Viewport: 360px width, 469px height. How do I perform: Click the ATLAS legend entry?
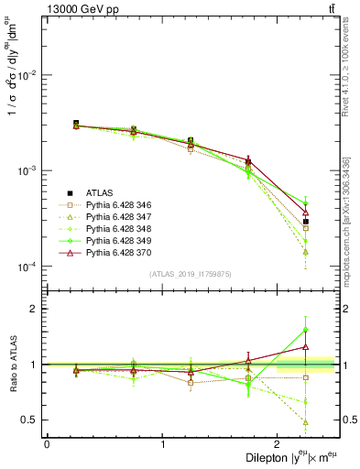pyautogui.click(x=98, y=191)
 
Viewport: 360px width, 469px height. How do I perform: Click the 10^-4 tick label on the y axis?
pyautogui.click(x=31, y=267)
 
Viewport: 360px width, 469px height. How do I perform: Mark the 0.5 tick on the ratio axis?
pyautogui.click(x=34, y=420)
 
